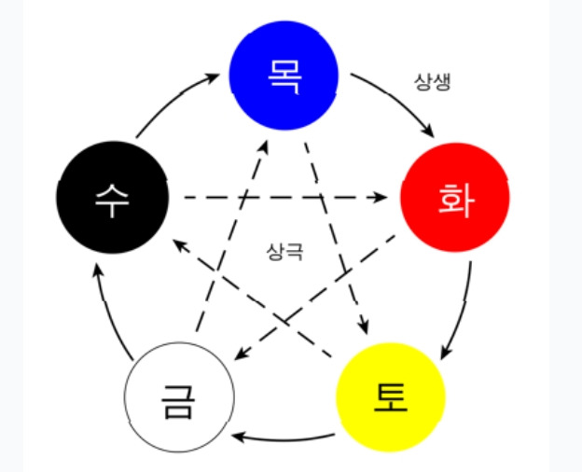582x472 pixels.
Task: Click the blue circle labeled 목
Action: [284, 73]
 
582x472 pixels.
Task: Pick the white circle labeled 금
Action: [177, 398]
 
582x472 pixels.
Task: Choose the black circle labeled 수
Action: [112, 199]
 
